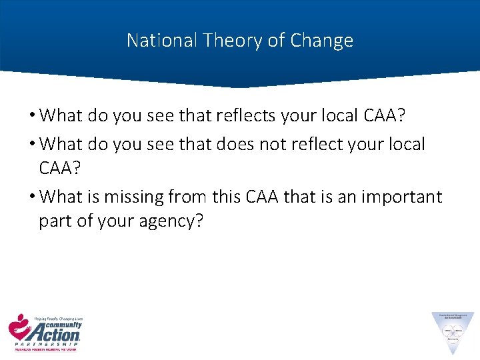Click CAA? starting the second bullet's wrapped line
coord(59,168)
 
